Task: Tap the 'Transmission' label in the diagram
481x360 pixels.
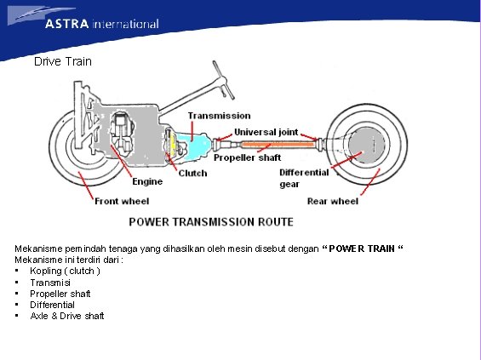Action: click(219, 115)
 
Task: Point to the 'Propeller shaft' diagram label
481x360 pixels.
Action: click(247, 157)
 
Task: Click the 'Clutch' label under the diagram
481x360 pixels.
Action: click(192, 174)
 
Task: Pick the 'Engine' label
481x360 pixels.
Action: click(146, 181)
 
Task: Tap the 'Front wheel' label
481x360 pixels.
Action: click(121, 202)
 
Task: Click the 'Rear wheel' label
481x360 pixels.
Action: click(332, 202)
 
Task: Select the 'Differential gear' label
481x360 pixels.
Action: click(304, 178)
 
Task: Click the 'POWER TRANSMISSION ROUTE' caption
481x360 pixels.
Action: click(210, 222)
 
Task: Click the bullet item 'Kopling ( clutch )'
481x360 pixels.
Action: click(65, 271)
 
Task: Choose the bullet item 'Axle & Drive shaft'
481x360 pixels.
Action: click(67, 316)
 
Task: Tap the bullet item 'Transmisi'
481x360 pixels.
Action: click(50, 283)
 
